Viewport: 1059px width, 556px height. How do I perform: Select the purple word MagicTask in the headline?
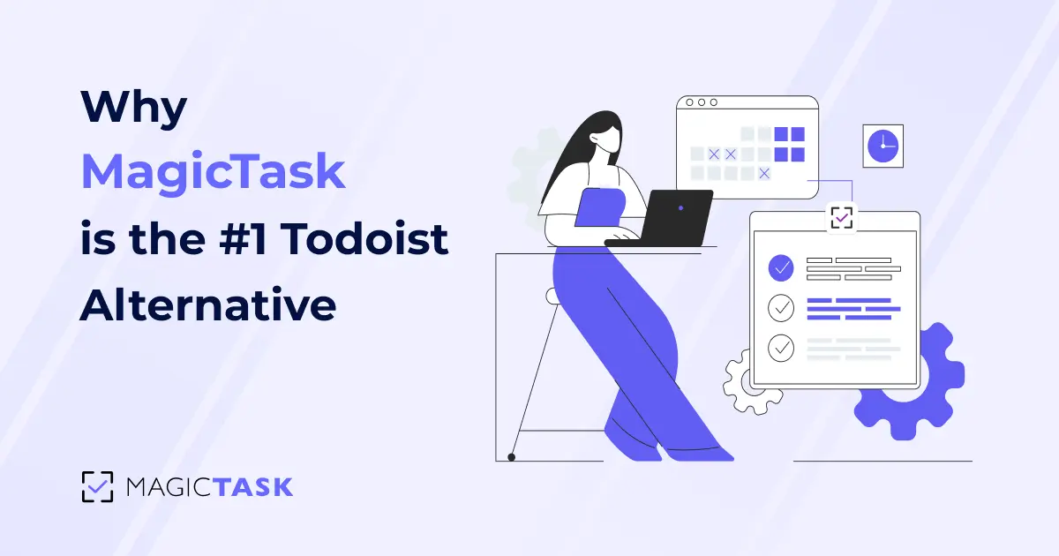tap(213, 172)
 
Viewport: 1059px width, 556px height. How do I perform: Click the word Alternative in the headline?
tap(208, 304)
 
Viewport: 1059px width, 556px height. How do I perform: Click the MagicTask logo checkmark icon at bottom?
tap(97, 486)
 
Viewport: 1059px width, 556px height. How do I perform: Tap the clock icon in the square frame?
tap(882, 145)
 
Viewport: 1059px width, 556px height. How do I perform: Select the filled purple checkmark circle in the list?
tap(781, 267)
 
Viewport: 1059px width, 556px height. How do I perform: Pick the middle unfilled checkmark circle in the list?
tap(781, 307)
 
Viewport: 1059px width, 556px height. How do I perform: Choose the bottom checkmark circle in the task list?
tap(781, 348)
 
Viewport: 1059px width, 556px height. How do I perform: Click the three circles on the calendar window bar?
tap(702, 102)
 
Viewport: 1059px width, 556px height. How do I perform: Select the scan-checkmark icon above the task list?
tap(841, 216)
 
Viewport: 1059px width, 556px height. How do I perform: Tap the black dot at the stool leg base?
tap(511, 457)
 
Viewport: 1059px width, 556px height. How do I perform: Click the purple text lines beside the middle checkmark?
tap(852, 309)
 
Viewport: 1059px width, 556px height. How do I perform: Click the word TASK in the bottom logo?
tap(257, 486)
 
